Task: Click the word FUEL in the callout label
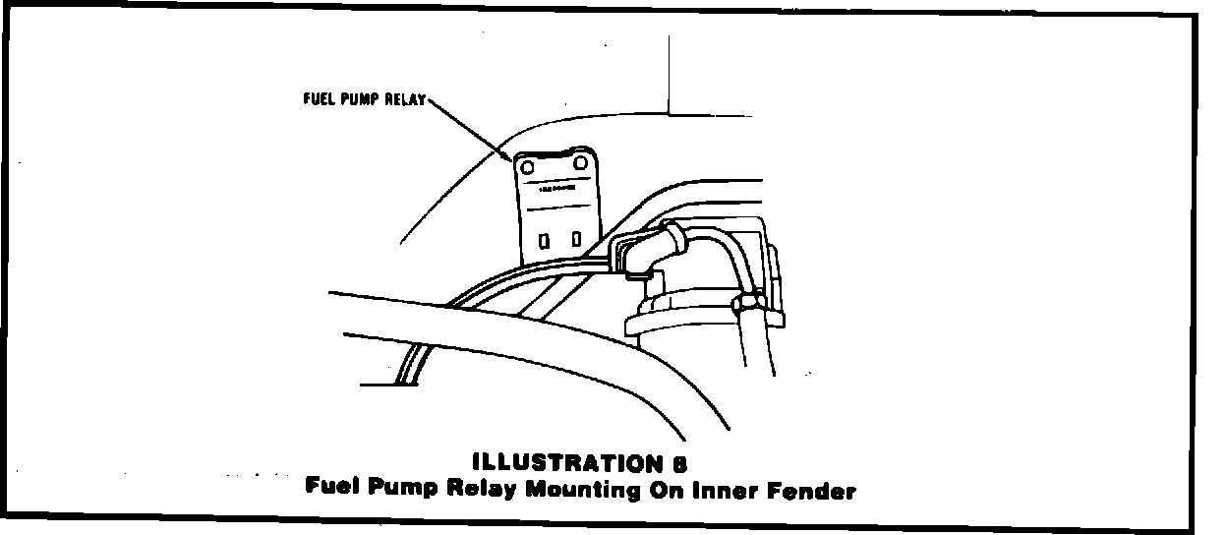[318, 99]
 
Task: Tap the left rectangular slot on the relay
[544, 239]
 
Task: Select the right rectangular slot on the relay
[576, 238]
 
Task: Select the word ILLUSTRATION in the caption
[565, 462]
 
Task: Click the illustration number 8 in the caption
[679, 462]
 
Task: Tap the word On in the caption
[671, 489]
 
